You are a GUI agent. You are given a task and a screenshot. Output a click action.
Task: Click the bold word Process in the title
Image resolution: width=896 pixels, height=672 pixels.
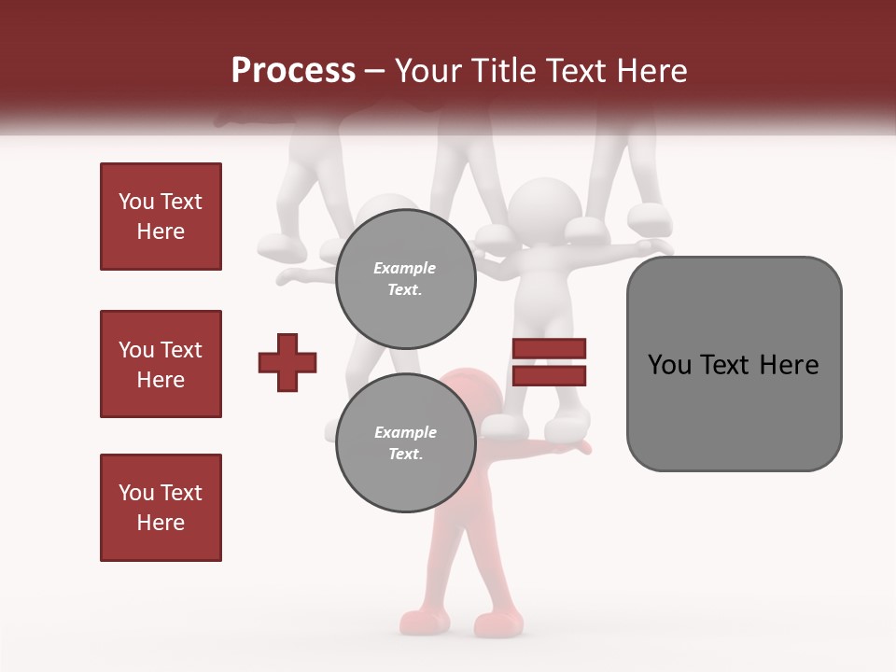[x=293, y=71]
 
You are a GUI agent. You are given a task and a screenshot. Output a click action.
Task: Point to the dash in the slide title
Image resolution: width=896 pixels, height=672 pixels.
[x=375, y=72]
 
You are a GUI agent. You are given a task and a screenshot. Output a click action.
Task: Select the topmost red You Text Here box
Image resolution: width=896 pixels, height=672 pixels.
[x=161, y=217]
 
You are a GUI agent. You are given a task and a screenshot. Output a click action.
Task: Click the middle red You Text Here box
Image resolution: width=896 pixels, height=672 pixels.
[x=161, y=364]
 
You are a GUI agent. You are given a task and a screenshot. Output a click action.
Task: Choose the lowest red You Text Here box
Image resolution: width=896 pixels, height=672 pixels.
[x=161, y=508]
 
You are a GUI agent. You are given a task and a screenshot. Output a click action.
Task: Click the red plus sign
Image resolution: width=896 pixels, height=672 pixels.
[x=287, y=362]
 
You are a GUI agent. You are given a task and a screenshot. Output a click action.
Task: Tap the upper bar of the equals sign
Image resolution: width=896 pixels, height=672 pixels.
[x=549, y=348]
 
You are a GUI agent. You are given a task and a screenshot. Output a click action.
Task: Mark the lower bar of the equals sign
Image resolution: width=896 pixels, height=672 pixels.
[x=549, y=375]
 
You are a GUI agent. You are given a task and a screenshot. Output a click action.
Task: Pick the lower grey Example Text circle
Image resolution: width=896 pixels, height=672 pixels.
[x=404, y=443]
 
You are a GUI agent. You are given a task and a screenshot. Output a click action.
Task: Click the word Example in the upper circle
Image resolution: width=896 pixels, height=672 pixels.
[x=404, y=268]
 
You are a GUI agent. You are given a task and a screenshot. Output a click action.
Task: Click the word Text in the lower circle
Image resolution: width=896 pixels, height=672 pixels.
[x=404, y=455]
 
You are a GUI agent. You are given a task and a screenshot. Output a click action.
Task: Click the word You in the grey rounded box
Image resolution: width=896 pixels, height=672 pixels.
[x=669, y=365]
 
